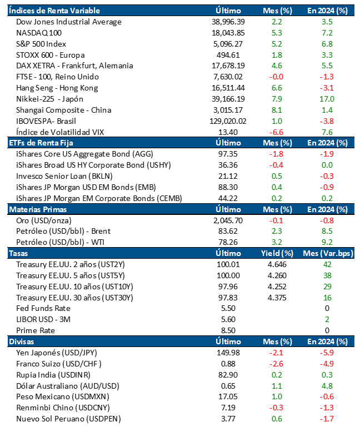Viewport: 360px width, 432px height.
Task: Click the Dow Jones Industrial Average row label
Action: click(69, 22)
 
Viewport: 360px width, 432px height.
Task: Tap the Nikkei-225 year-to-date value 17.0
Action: click(327, 99)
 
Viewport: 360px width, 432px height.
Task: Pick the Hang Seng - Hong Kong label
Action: click(57, 88)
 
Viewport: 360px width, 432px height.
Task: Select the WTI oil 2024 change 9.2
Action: click(327, 242)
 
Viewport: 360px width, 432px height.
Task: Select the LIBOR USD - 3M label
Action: click(48, 319)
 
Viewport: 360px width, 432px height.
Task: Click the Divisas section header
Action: click(22, 341)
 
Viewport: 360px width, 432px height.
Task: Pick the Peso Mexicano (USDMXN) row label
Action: click(63, 396)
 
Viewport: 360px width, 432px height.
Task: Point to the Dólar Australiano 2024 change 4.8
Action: click(327, 385)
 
